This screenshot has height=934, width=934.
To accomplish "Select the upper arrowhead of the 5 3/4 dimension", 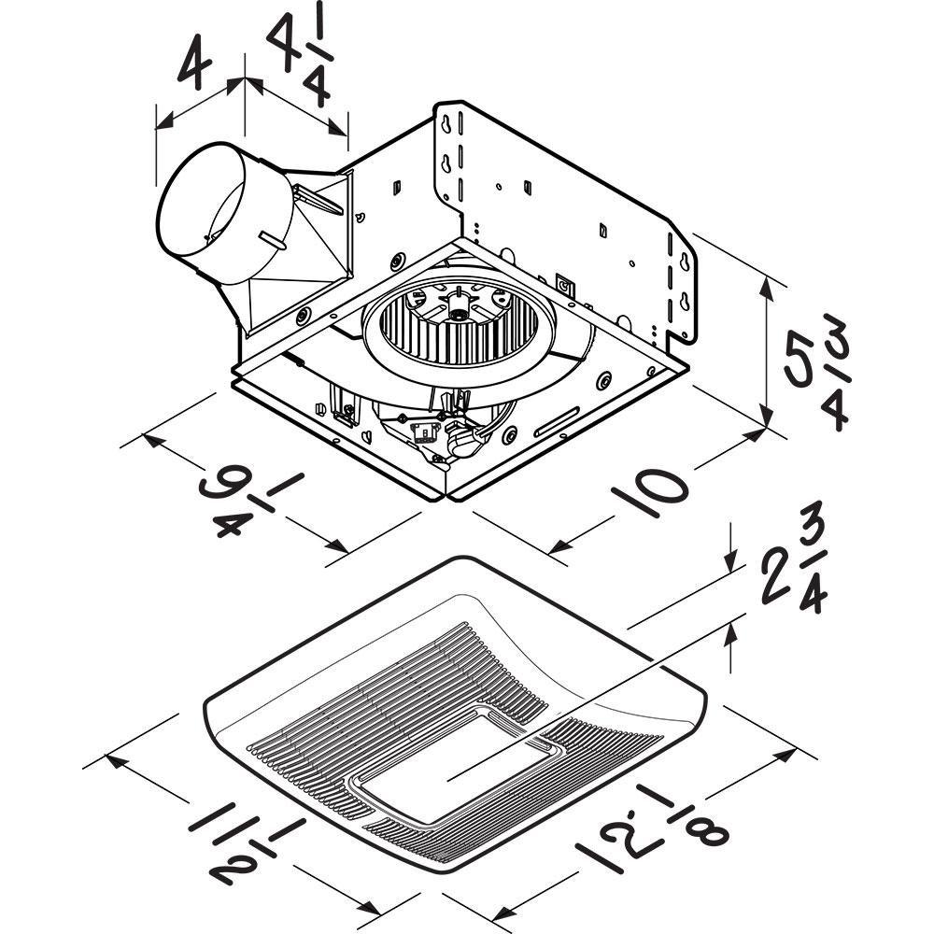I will click(x=768, y=280).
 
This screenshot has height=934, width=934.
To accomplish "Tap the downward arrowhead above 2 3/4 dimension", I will click(x=731, y=566).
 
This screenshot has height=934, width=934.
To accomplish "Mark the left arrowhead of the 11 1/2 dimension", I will click(x=115, y=757).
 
